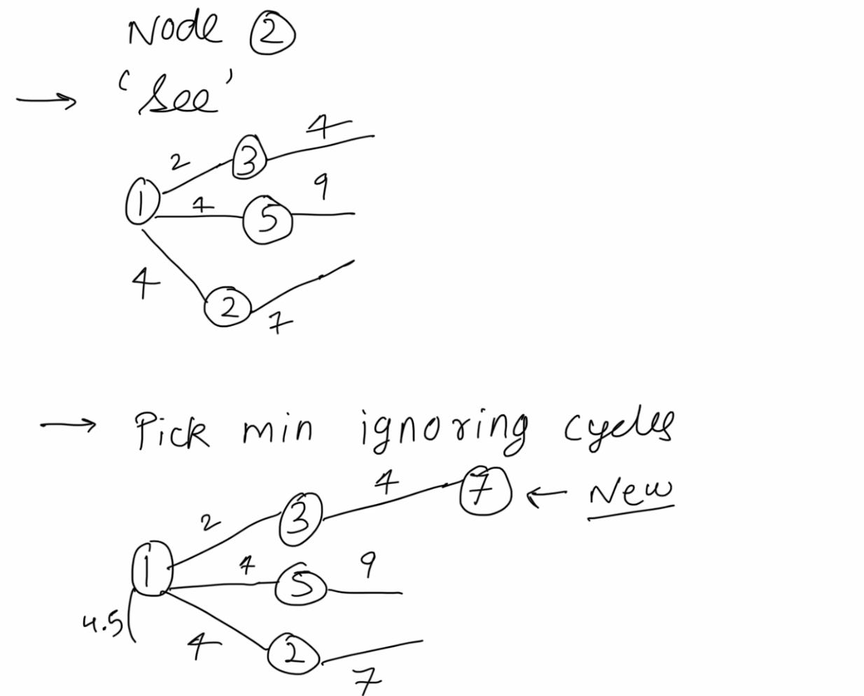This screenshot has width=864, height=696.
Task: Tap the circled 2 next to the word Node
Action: [272, 35]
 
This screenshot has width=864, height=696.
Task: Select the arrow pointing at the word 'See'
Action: [46, 101]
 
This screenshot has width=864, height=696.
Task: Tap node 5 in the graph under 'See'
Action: [268, 219]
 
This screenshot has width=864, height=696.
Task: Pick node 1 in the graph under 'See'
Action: [141, 203]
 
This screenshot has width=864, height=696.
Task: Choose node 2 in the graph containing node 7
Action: [293, 654]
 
